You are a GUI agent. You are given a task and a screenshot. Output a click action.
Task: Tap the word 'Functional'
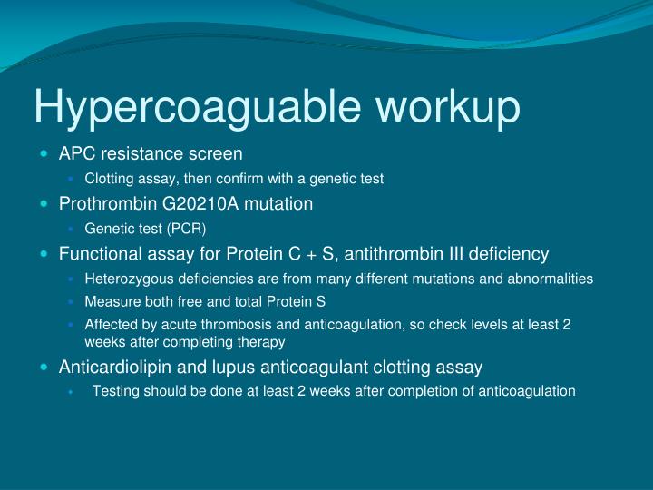[x=97, y=253]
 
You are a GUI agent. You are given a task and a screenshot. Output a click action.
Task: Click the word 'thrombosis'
[x=220, y=324]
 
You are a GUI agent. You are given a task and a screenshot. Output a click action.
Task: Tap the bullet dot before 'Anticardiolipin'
[x=45, y=367]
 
